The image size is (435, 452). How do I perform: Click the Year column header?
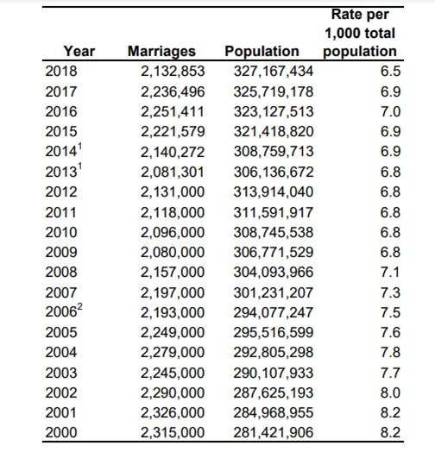tap(79, 51)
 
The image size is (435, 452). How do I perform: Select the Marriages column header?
tap(161, 51)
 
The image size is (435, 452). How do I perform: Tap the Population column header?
tap(262, 51)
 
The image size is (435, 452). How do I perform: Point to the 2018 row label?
tap(61, 71)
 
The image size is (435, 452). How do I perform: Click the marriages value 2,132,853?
tap(173, 72)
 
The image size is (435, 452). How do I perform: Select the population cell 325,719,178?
tap(274, 91)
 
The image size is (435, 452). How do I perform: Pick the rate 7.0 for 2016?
tap(390, 111)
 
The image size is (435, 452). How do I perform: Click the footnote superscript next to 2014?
tap(80, 147)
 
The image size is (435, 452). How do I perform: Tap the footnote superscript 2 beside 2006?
tap(80, 306)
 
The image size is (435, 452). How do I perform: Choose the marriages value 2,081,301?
tap(173, 173)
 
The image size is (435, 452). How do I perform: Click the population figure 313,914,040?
tap(274, 192)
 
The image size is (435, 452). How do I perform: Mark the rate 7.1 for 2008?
tap(390, 272)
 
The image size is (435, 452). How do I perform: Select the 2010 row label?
tap(61, 232)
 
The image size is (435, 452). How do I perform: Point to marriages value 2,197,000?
tap(173, 293)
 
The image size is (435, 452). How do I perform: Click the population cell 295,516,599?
tap(274, 332)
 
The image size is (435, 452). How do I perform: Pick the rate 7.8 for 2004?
tap(390, 352)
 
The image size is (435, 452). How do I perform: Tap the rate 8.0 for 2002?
tap(390, 392)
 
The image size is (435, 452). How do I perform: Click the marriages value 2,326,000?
tap(173, 412)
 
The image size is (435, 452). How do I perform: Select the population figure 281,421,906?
tap(274, 432)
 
